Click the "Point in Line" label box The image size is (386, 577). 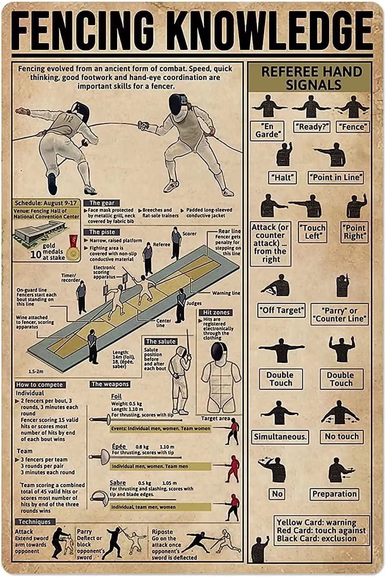336,177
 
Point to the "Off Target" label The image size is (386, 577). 281,310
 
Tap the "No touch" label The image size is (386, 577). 341,437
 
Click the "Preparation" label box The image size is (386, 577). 334,494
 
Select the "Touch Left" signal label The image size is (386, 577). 312,232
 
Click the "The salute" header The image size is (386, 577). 161,341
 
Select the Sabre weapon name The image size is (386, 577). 118,482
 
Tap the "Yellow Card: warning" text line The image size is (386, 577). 316,522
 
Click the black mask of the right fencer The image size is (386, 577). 179,104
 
